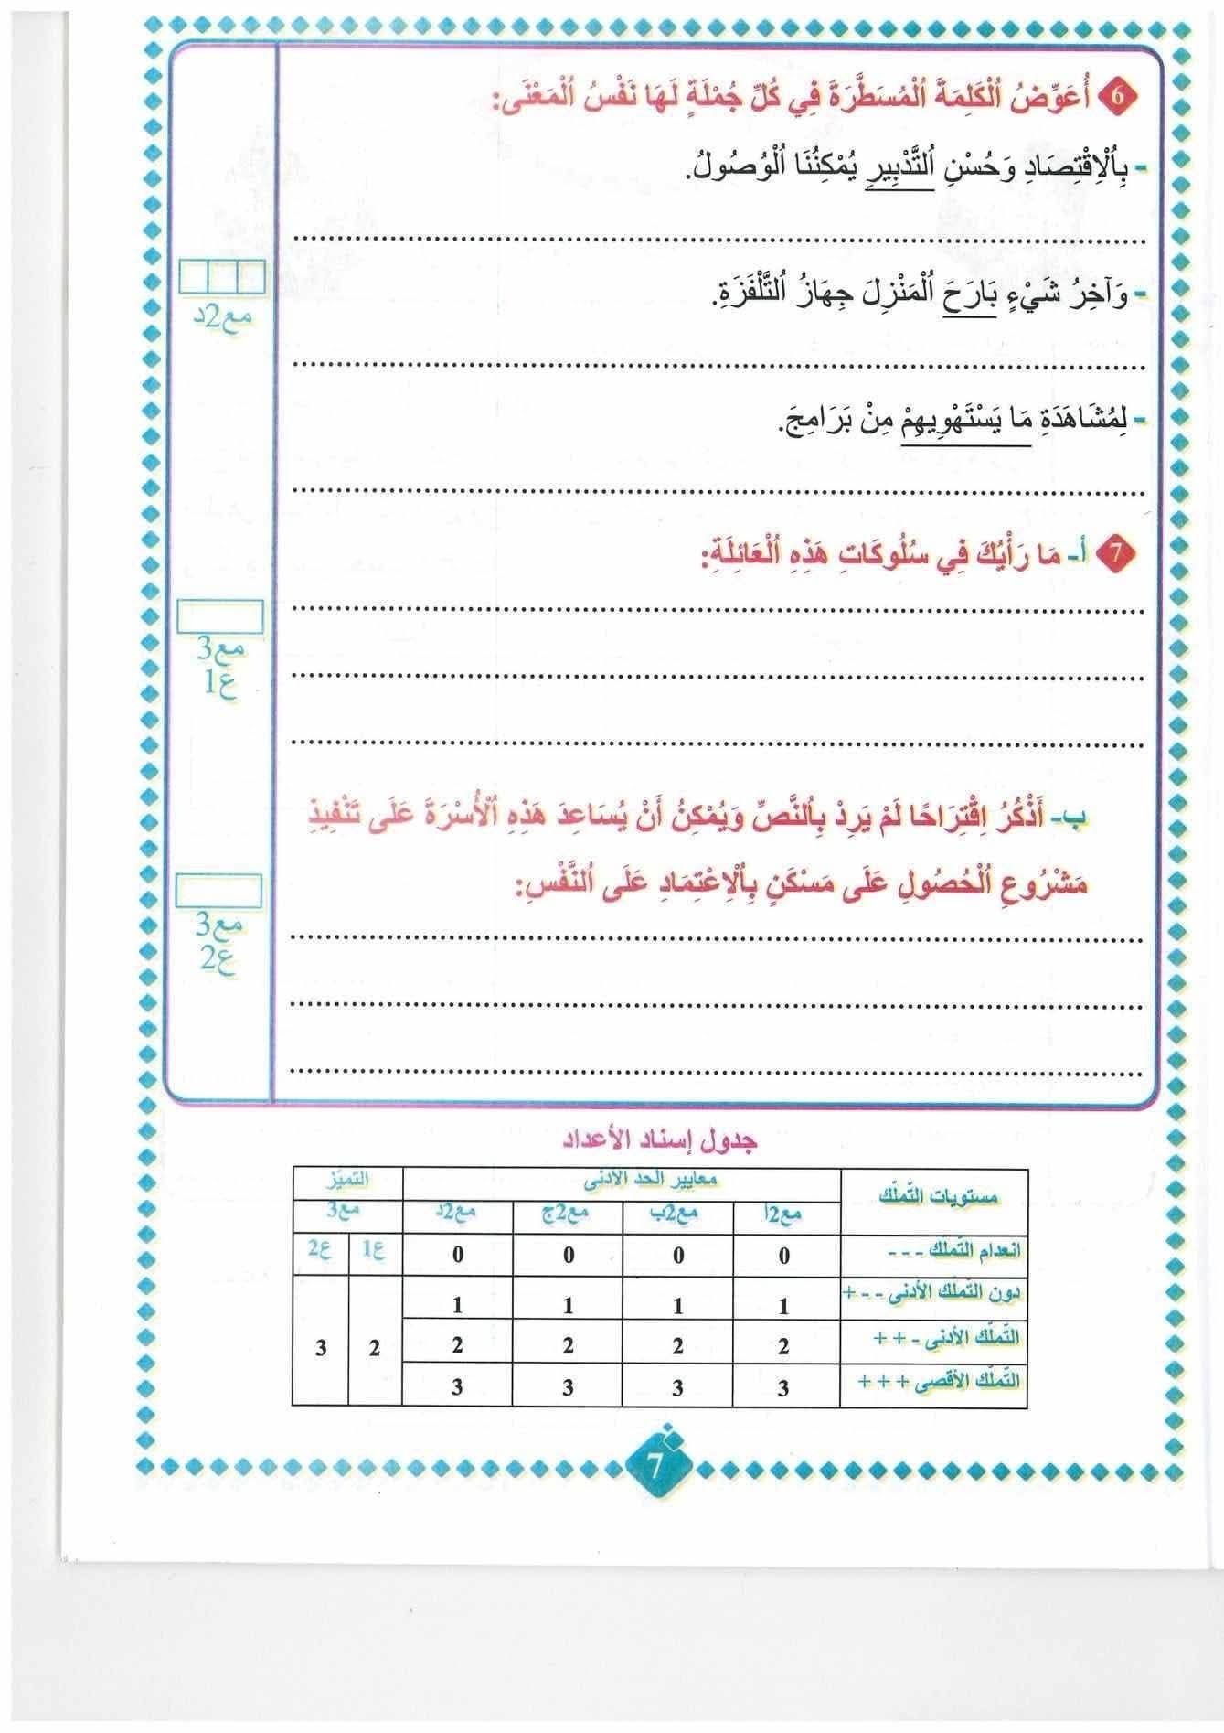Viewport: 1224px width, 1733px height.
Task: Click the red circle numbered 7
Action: (x=1124, y=555)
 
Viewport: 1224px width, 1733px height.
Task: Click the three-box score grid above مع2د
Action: (x=222, y=274)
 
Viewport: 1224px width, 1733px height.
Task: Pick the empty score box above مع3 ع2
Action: (x=219, y=891)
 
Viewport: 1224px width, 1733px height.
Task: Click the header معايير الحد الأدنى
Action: (x=623, y=1182)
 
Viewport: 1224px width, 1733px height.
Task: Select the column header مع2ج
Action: (x=568, y=1213)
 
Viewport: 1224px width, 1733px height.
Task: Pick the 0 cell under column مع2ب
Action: (x=677, y=1256)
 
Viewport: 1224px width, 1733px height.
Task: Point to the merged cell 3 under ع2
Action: (x=320, y=1348)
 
